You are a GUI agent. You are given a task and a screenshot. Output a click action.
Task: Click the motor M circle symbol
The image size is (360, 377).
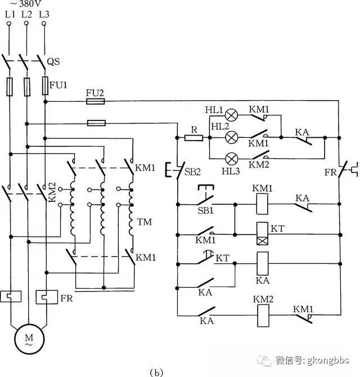(x=29, y=339)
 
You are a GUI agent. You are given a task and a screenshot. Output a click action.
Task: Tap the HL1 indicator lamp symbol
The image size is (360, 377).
(x=231, y=115)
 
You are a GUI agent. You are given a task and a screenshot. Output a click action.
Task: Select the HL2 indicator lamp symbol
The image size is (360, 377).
(x=231, y=137)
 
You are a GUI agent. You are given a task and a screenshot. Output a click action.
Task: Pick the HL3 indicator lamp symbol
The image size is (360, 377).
(x=232, y=159)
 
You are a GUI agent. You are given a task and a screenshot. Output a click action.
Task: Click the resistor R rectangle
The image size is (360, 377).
(x=193, y=138)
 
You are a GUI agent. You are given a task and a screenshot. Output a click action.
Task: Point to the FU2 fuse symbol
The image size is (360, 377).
(x=96, y=101)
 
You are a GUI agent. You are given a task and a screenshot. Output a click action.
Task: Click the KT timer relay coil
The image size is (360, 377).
(x=263, y=234)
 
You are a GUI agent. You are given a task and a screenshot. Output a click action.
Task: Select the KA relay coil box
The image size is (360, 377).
(x=263, y=263)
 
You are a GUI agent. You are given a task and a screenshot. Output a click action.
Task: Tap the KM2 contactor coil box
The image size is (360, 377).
(x=263, y=316)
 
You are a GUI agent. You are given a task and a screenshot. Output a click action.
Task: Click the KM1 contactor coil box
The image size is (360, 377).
(x=262, y=204)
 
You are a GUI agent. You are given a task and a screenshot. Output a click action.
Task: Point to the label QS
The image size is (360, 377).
(x=53, y=61)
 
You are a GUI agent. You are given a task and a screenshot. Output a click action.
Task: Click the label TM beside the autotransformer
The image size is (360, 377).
(x=145, y=222)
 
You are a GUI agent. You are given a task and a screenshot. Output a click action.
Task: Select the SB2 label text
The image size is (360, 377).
(x=192, y=172)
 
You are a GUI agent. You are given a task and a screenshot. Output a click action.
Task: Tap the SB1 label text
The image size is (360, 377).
(x=205, y=210)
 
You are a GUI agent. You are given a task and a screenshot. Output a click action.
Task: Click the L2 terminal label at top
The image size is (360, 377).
(x=26, y=15)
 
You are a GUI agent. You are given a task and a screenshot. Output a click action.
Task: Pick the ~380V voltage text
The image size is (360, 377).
(x=25, y=3)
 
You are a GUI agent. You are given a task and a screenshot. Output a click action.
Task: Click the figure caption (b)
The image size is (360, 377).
(x=156, y=372)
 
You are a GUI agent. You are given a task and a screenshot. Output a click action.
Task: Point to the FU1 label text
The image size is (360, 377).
(x=58, y=85)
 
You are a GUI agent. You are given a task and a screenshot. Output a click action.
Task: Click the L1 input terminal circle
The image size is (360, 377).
(x=9, y=24)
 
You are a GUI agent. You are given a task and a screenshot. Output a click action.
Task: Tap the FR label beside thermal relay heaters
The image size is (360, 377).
(x=66, y=298)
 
